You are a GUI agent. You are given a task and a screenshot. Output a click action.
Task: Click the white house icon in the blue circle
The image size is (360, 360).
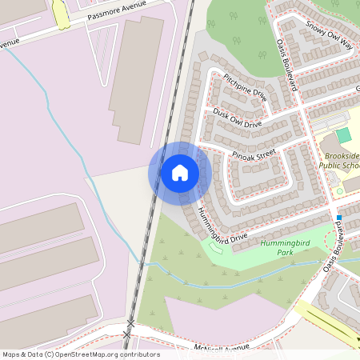pos(179,173)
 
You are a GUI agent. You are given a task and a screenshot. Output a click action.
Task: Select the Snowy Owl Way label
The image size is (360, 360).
pos(329,34)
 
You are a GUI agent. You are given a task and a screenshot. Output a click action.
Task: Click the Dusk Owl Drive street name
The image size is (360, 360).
pos(238,118)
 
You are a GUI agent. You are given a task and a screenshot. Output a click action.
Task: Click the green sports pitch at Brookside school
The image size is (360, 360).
pos(343,135)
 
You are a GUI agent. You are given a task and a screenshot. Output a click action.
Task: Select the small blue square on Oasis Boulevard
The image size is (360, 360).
pos(339,218)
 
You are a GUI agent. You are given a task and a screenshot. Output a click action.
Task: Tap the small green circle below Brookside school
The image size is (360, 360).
pos(339,191)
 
